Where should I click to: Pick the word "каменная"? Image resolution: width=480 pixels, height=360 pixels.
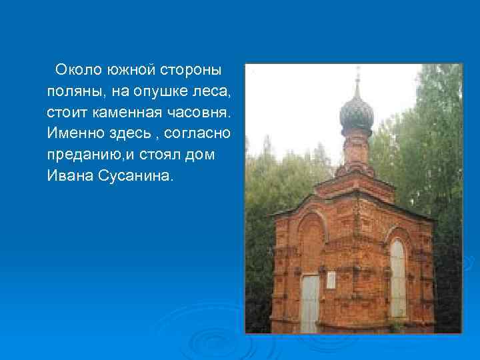point(121,112)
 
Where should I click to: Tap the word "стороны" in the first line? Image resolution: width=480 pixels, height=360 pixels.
point(192,69)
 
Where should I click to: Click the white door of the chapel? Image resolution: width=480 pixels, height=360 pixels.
point(310,303)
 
